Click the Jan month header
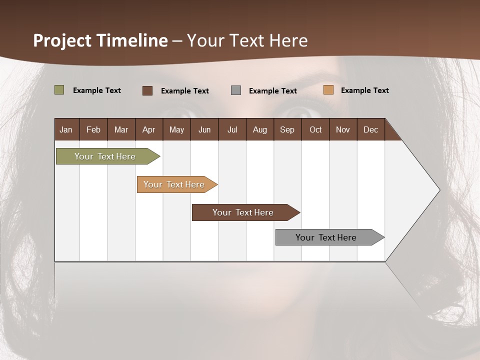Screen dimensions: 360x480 (x=66, y=129)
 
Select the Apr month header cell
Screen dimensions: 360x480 (x=148, y=129)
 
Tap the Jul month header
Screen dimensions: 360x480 (x=232, y=129)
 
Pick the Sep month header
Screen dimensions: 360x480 (x=287, y=129)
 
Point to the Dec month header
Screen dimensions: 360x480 (x=370, y=129)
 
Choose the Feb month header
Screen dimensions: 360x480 (x=93, y=129)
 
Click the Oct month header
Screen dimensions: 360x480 (x=315, y=129)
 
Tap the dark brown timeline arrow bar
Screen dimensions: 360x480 (x=243, y=212)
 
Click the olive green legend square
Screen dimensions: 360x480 (x=59, y=90)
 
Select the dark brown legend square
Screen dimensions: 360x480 (x=147, y=90)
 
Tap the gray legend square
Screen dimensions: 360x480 (x=236, y=90)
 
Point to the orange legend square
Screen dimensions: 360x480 (x=328, y=90)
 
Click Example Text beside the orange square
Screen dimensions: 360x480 (x=364, y=90)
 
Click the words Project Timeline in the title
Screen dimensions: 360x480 (x=100, y=40)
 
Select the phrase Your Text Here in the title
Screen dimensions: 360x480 (x=247, y=40)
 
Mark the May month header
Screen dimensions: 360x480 (x=176, y=129)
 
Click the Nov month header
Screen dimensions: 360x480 (x=343, y=129)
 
